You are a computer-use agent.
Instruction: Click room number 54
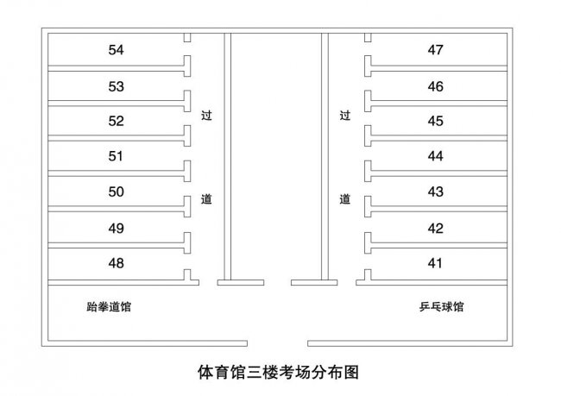[117, 50]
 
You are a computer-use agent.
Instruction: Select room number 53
[117, 86]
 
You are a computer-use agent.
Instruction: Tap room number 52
[117, 121]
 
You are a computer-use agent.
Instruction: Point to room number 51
[116, 156]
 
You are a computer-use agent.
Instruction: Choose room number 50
[117, 192]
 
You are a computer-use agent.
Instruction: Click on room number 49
[117, 229]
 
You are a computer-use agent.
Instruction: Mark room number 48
[117, 263]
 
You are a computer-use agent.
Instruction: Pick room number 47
[435, 50]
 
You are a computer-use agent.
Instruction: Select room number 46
[435, 86]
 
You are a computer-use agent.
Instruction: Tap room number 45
[435, 121]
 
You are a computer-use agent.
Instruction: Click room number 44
[435, 156]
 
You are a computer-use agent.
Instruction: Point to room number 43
[435, 192]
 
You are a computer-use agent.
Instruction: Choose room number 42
[435, 229]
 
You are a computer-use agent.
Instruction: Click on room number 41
[435, 263]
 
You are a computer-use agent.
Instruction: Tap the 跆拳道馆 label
[109, 307]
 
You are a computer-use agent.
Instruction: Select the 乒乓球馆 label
[442, 307]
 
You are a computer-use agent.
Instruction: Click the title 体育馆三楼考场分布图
[278, 373]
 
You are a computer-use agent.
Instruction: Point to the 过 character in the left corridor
[206, 116]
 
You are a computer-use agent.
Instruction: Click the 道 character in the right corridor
[345, 199]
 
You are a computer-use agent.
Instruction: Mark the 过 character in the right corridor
[345, 116]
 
